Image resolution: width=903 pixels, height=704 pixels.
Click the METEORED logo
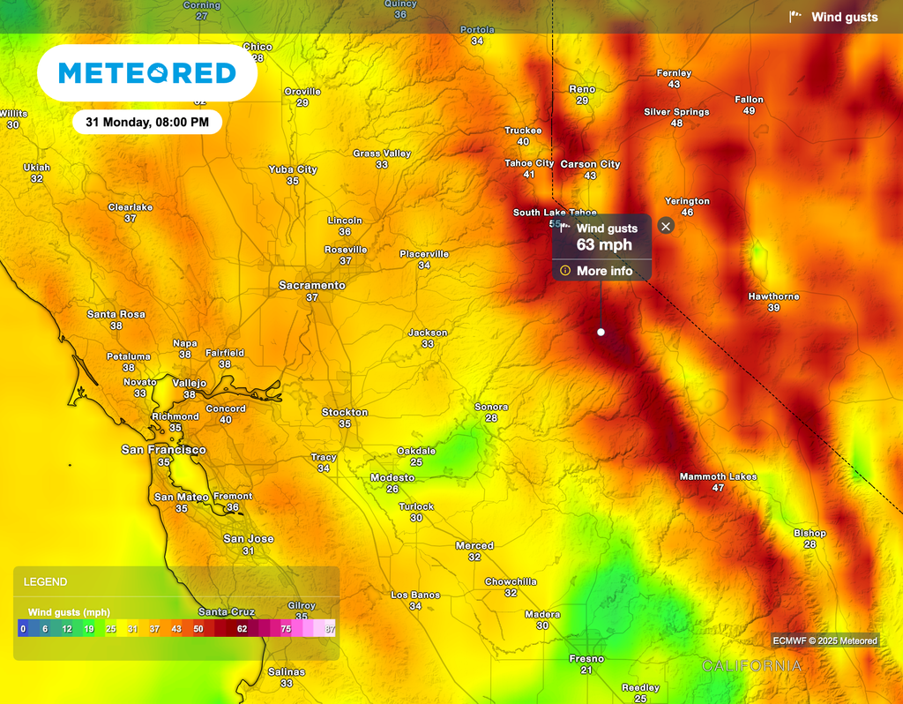147,72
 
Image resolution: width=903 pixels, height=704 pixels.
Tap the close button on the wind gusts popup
666,226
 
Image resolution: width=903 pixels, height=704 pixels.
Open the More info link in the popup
604,271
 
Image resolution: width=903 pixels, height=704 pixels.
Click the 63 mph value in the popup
604,244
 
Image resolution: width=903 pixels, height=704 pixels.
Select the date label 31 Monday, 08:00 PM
147,122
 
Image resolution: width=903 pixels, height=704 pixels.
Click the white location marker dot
601,332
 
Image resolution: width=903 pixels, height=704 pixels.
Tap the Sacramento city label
311,286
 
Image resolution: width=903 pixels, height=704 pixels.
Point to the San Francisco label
163,450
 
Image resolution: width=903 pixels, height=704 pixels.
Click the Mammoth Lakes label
718,476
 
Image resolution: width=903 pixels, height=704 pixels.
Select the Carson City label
590,164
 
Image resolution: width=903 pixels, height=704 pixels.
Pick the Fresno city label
586,659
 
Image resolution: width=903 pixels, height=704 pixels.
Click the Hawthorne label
773,296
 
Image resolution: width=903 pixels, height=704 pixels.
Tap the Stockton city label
345,412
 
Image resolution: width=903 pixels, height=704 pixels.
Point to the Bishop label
810,533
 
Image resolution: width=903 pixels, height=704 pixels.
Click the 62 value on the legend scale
242,629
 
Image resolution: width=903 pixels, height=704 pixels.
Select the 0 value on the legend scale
23,629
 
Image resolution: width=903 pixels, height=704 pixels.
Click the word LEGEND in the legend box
45,582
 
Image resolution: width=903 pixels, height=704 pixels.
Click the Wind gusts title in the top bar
844,17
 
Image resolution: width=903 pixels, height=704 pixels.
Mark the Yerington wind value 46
687,213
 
